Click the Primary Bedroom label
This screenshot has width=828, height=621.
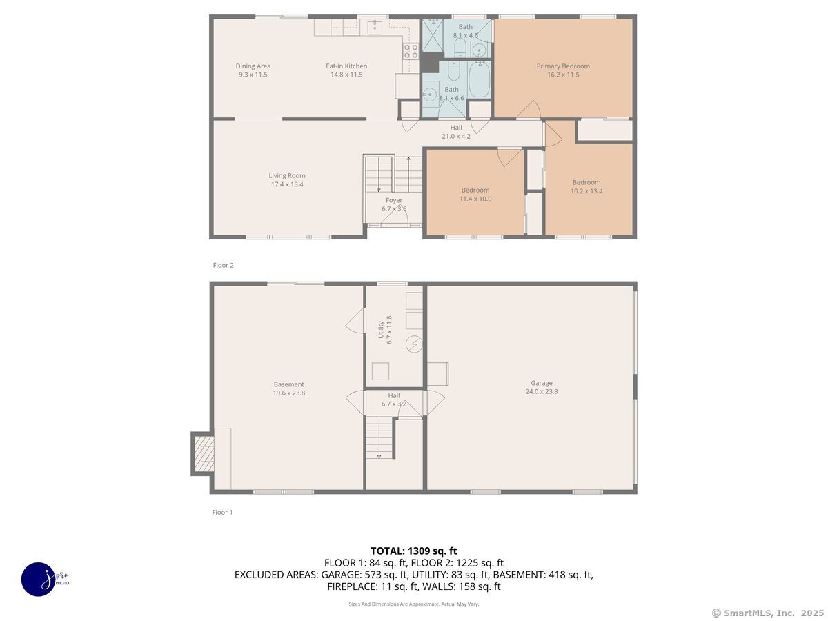(x=563, y=66)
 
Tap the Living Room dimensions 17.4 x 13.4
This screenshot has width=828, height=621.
(x=287, y=184)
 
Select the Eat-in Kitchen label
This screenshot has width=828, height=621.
(x=346, y=66)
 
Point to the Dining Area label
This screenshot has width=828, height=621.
(x=253, y=66)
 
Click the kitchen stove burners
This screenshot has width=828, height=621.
(x=411, y=51)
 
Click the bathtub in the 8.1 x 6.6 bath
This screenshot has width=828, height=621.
(x=479, y=79)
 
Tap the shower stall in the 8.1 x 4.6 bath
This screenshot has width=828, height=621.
(x=433, y=35)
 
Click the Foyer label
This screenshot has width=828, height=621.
(x=394, y=200)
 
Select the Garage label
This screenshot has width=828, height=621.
(x=542, y=383)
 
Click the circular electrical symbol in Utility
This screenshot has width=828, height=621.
(x=414, y=344)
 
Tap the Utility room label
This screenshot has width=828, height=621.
(x=381, y=330)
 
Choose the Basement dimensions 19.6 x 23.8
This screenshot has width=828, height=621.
(x=289, y=393)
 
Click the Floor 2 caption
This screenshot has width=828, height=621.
(x=224, y=265)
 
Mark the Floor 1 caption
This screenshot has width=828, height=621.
(x=223, y=512)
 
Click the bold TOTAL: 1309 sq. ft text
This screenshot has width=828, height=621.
(x=414, y=551)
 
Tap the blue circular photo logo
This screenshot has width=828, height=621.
(x=38, y=580)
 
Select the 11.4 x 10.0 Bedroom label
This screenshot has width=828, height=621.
(x=475, y=190)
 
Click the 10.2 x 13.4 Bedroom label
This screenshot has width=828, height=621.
(x=586, y=182)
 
